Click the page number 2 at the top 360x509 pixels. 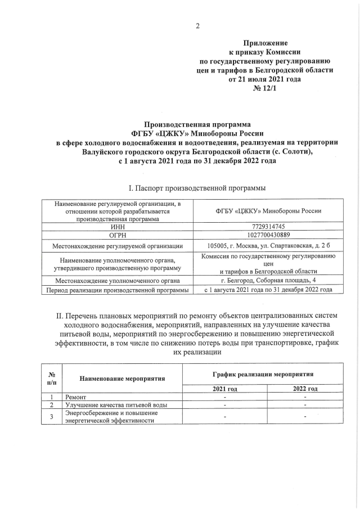(x=198, y=25)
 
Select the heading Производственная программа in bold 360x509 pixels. (x=197, y=124)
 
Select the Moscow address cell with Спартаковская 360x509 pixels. (x=264, y=245)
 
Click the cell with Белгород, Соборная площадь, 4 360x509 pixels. (x=264, y=280)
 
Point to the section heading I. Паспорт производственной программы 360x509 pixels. (x=197, y=187)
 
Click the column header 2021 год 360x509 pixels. (x=225, y=389)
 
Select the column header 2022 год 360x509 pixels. (x=305, y=389)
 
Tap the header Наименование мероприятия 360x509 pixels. (x=122, y=378)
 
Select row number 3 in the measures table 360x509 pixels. (x=52, y=416)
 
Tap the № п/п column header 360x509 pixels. (x=52, y=378)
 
